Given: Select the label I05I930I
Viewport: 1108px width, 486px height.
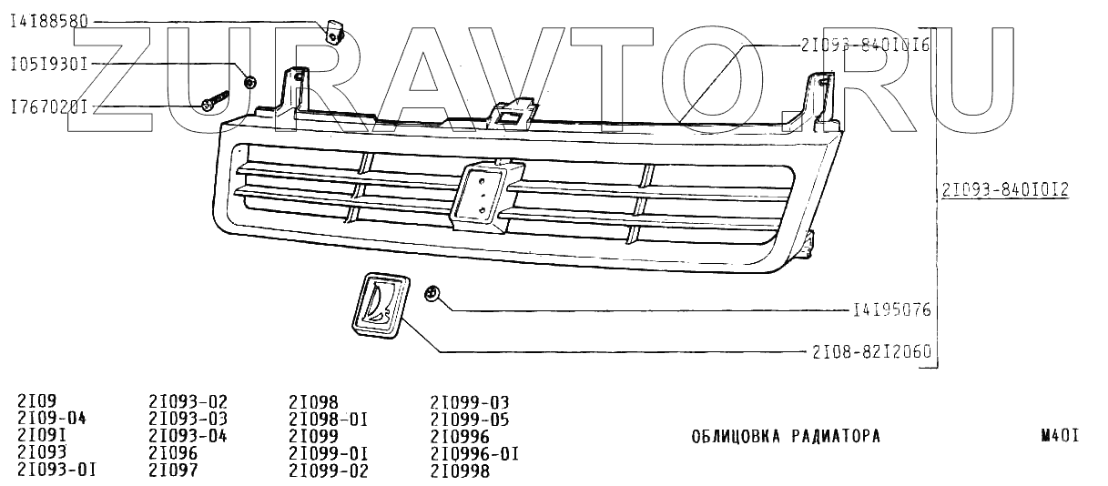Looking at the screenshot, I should pos(48,65).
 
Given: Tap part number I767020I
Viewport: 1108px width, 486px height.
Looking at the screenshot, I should pos(48,106).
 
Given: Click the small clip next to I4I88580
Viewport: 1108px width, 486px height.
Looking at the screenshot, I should pos(335,31).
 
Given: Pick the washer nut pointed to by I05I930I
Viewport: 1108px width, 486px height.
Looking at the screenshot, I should pos(250,83).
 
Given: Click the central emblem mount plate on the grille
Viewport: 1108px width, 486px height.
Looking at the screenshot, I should pos(483,194).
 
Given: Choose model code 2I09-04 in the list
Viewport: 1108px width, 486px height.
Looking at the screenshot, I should pos(51,419).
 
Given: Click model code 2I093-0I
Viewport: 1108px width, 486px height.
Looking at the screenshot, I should pos(56,470).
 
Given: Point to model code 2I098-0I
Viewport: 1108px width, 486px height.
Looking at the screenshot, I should pos(328,419).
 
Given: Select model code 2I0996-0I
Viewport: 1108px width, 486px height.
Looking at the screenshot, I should pos(473,453).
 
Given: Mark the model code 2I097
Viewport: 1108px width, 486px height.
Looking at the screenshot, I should pos(172,470).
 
